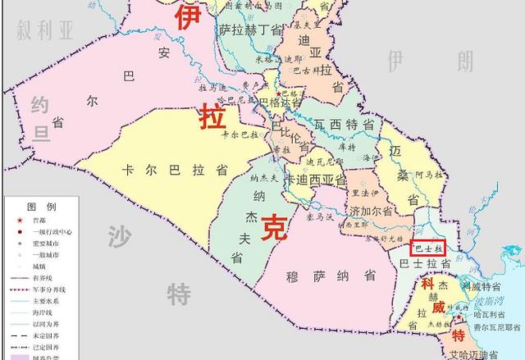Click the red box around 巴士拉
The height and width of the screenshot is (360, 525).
coord(427,246)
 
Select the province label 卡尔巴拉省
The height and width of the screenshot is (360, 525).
coord(175,171)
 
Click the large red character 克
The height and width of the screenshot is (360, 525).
coord(273,226)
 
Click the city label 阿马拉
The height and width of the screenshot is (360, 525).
coord(428,175)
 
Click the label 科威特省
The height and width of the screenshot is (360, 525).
coord(480,286)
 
